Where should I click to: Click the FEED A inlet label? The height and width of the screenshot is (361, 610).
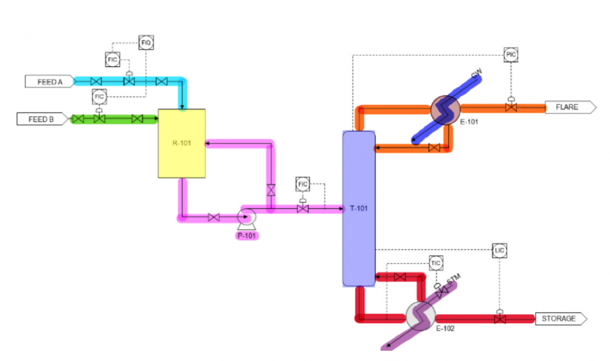50,82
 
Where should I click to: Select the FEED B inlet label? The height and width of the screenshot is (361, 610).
41,119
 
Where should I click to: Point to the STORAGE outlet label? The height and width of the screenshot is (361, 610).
559,319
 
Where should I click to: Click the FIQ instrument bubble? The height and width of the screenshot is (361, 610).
146,42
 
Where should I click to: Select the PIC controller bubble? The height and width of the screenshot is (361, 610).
511,54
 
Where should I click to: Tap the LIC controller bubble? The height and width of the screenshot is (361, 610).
499,251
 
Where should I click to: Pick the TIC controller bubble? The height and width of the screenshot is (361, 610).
436,263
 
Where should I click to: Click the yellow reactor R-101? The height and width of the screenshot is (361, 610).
182,143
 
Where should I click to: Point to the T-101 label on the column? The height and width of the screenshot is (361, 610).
359,208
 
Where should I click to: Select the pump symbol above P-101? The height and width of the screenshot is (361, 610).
246,217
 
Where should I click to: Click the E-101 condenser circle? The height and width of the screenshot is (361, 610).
445,110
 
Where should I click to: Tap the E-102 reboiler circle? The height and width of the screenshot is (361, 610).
421,316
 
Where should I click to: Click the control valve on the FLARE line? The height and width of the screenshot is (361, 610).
511,107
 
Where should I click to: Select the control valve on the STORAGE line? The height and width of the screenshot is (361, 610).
500,319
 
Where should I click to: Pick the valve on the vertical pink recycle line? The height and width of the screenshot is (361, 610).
271,190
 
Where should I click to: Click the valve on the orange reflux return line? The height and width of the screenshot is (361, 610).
434,148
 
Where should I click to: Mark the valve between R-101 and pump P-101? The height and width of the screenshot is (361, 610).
214,217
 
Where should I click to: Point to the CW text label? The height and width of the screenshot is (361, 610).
477,73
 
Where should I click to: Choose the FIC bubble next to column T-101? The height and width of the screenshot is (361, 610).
303,184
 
